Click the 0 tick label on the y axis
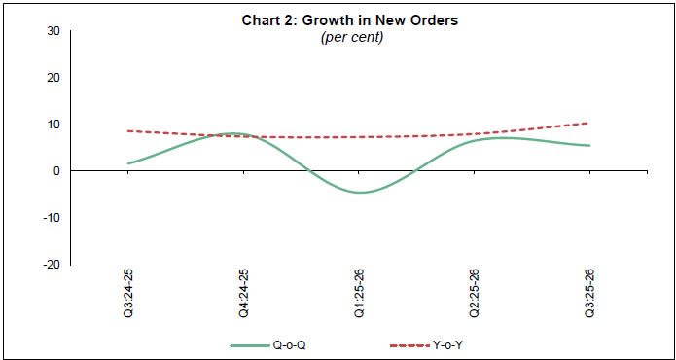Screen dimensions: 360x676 [56, 171]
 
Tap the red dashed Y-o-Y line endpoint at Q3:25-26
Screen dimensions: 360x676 [588, 123]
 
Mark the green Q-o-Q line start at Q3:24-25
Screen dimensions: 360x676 [128, 163]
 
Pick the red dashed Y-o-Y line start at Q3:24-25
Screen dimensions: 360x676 [128, 130]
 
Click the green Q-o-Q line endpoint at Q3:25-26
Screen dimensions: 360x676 [588, 146]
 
